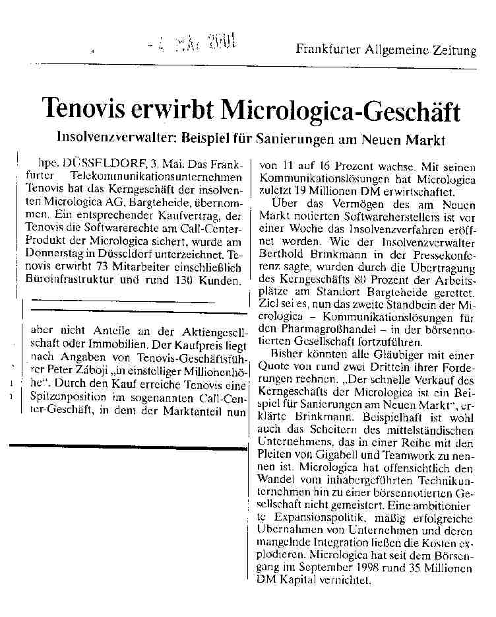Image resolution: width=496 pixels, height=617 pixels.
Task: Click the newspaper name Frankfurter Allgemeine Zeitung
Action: (386, 50)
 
